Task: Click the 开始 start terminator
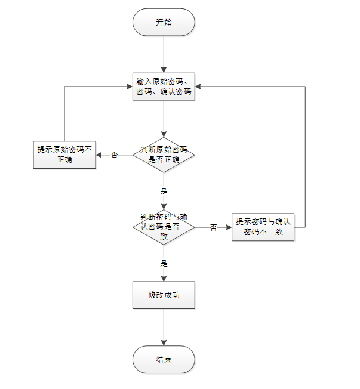pos(164,23)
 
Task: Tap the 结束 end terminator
pos(164,360)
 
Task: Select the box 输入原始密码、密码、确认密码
pos(164,87)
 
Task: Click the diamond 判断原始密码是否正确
pos(164,155)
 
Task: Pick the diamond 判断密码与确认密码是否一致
pos(164,227)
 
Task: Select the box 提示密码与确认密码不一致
pos(263,227)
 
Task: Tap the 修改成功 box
pos(164,295)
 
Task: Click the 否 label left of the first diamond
pos(115,155)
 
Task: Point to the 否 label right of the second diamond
pos(213,227)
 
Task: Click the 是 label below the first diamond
pos(164,192)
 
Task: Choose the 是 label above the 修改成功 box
pos(164,263)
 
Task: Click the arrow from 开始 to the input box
pos(164,55)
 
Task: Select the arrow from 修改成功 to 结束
pos(164,327)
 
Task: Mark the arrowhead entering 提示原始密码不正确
pos(99,155)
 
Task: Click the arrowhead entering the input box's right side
pos(198,87)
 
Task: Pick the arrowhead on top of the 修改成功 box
pos(164,278)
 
